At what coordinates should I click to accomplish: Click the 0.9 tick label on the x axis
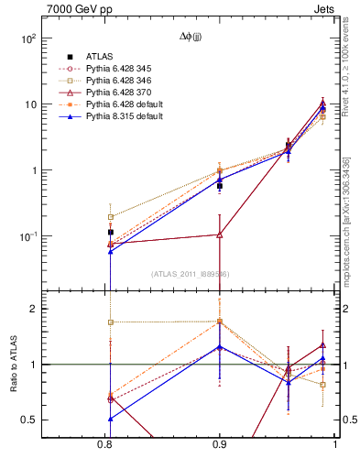click(220, 444)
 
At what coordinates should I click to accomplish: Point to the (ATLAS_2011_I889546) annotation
click(191, 273)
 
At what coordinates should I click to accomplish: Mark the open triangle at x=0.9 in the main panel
click(220, 234)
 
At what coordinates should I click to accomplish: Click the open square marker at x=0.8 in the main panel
click(111, 217)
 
